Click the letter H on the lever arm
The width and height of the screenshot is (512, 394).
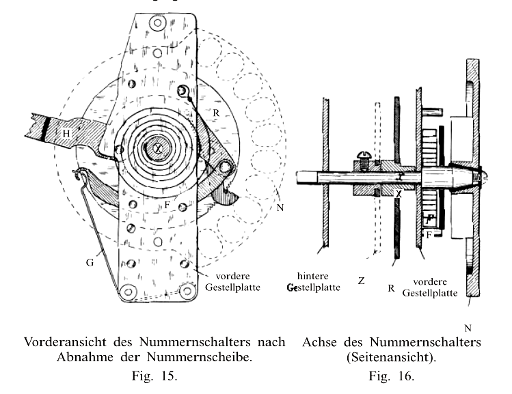(67, 134)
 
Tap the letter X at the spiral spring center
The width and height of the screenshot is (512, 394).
(158, 148)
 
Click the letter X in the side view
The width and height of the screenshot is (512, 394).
(397, 193)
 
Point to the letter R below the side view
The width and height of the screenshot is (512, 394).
(390, 288)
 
